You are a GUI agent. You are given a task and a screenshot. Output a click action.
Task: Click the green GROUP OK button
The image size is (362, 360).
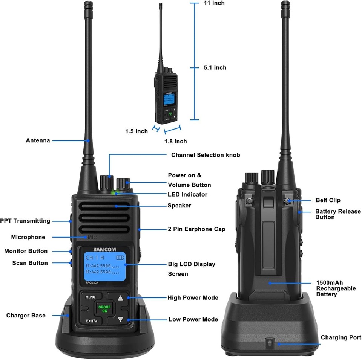pos(104,309)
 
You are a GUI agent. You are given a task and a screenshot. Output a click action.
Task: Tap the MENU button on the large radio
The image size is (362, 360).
pos(90,297)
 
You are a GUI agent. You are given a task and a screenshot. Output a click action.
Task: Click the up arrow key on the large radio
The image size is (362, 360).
pos(120,298)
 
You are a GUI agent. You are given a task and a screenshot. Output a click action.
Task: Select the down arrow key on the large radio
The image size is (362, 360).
pos(120,319)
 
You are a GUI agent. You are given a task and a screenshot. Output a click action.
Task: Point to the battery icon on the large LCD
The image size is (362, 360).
pos(120,258)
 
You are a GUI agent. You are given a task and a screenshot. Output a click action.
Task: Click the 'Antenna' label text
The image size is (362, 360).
pos(38,140)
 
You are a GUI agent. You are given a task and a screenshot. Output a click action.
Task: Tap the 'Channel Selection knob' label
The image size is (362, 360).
pos(206,155)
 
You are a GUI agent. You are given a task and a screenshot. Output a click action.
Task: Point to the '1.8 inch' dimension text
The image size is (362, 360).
pos(175,142)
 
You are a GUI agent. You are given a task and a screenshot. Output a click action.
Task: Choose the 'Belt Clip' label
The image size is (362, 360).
pos(328,201)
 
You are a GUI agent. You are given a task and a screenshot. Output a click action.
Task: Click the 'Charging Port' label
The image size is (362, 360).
pos(341,337)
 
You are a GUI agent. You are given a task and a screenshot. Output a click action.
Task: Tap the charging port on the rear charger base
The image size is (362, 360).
pos(269,343)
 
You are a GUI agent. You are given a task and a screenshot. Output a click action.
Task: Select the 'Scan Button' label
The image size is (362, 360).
pos(30,263)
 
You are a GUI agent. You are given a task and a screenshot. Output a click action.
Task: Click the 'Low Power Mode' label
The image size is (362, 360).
pos(193,319)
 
